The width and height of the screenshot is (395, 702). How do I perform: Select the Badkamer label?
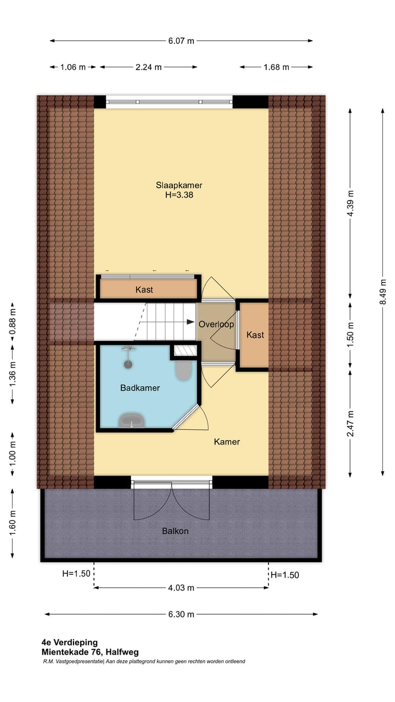[x=140, y=388]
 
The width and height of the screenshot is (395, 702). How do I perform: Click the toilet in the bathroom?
[x=183, y=371]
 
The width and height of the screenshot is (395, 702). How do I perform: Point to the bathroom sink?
[x=132, y=420]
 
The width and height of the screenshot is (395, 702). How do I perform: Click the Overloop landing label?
[x=216, y=324]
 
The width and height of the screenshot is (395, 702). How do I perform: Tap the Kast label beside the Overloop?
[x=255, y=335]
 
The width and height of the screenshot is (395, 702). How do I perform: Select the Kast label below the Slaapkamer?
[x=144, y=290]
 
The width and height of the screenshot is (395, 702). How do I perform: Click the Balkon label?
[x=175, y=531]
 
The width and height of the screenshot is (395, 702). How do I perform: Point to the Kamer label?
[x=227, y=441]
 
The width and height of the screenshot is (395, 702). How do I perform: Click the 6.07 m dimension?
[x=181, y=41]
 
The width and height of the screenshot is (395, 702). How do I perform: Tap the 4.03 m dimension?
[x=181, y=588]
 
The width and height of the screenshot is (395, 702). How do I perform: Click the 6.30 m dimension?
[x=181, y=614]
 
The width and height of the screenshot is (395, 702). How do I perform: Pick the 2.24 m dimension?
[x=148, y=67]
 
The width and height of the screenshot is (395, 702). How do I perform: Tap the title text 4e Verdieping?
[x=69, y=642]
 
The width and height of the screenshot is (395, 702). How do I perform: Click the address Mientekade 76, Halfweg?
[x=90, y=652]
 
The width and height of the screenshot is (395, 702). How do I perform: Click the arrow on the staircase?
[x=177, y=324]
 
